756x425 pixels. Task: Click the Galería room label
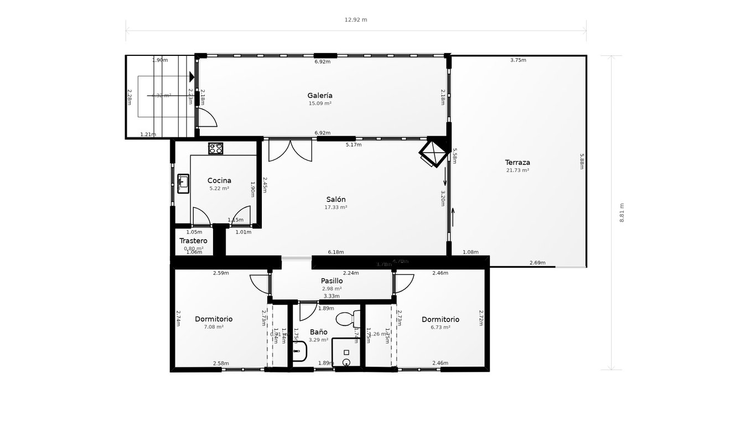click(320, 96)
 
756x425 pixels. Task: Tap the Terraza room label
click(517, 163)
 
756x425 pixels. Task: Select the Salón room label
click(335, 200)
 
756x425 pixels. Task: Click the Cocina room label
click(219, 180)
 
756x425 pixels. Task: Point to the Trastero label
click(193, 241)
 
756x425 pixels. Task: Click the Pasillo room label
click(332, 281)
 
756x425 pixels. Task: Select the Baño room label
click(318, 332)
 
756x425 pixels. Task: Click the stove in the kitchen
click(215, 148)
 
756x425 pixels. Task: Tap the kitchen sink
click(183, 183)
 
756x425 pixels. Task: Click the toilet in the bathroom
click(346, 319)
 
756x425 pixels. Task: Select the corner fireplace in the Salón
click(433, 152)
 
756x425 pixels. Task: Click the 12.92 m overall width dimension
click(356, 20)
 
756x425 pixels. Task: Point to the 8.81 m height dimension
click(622, 212)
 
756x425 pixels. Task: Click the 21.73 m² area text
click(517, 170)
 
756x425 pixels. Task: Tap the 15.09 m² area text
click(320, 103)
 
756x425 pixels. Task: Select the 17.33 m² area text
click(335, 208)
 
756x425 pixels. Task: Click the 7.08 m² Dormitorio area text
click(214, 327)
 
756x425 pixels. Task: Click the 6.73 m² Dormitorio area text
click(440, 327)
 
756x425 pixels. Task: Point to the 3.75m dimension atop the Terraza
click(518, 60)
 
